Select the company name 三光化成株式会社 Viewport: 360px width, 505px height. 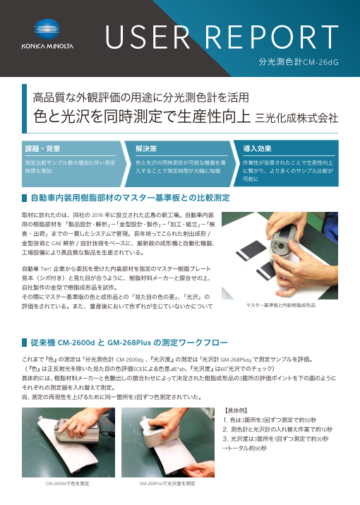pyautogui.click(x=297, y=116)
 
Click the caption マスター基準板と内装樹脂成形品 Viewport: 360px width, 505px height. pyautogui.click(x=281, y=307)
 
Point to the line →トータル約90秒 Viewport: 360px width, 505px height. pyautogui.click(x=244, y=448)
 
